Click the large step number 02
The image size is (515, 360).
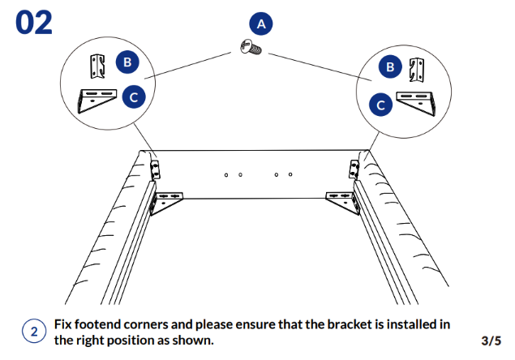click(x=33, y=22)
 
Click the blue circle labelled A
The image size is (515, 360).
click(x=261, y=24)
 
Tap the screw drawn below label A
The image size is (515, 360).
click(x=251, y=49)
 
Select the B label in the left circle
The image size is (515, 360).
click(x=126, y=62)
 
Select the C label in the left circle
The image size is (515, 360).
click(x=133, y=97)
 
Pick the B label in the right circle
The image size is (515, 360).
click(x=391, y=67)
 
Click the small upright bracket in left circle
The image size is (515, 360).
click(x=98, y=66)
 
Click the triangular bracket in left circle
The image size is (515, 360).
click(x=97, y=100)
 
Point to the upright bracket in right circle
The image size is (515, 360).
click(x=417, y=71)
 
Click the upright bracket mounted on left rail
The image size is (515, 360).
click(x=155, y=169)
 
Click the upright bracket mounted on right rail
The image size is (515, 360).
click(x=354, y=169)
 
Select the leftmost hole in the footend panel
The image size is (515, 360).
click(x=226, y=174)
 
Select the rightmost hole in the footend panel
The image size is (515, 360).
click(x=290, y=174)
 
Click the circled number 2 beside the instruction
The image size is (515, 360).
click(x=33, y=332)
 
